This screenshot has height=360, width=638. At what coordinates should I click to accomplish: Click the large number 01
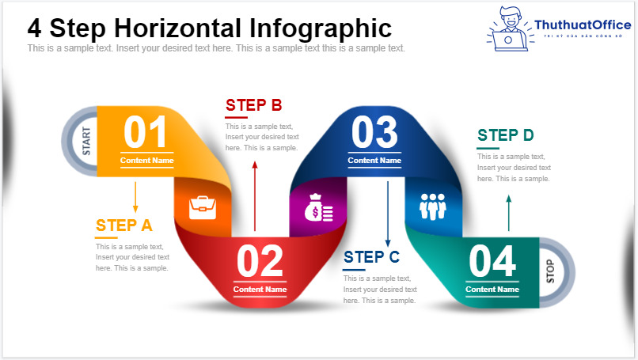coord(146,133)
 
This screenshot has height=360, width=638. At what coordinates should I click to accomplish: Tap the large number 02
coord(260,261)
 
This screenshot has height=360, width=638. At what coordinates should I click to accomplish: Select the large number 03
coord(374,133)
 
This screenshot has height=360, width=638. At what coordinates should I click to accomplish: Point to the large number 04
coord(492,261)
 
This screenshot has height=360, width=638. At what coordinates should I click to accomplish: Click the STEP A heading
coord(123,225)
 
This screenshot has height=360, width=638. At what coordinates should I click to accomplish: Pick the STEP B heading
coord(253,105)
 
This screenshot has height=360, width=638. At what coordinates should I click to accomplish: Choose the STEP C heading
coord(371,257)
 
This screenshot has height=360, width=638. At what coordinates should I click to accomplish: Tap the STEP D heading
coord(505,135)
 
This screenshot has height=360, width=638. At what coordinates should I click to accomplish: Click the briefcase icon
coord(203,207)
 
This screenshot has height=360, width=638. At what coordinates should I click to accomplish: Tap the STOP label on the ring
coord(550,271)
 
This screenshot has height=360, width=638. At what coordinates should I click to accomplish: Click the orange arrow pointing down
coord(135,196)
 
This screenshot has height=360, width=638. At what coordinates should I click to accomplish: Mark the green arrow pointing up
coord(508,214)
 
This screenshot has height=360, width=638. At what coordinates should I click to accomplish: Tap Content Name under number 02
coord(260,290)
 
